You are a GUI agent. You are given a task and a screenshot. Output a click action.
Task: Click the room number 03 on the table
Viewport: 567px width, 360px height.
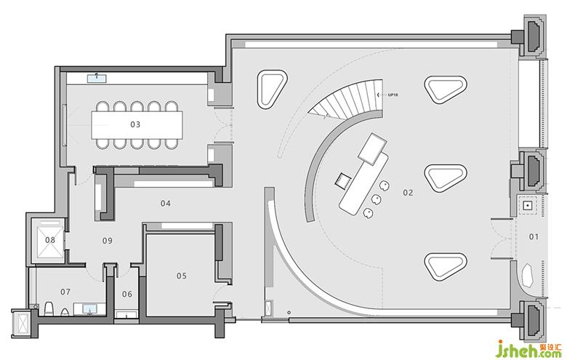tap(135, 124)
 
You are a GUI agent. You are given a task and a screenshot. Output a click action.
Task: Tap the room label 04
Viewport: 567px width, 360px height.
tap(166, 204)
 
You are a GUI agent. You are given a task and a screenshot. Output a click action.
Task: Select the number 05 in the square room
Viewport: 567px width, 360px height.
tap(182, 276)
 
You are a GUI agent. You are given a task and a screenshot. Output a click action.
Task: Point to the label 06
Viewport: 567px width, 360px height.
tap(126, 294)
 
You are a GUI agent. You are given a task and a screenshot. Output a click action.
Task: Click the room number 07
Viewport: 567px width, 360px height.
tap(65, 292)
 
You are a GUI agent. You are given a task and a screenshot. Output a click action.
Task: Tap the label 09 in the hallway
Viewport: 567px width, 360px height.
tap(107, 240)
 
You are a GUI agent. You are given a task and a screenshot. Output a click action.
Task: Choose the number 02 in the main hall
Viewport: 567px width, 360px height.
tap(408, 193)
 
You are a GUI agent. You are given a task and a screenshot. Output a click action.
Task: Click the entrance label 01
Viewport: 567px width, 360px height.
tap(533, 236)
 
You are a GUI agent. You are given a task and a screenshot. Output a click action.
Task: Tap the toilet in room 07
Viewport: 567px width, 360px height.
tap(48, 308)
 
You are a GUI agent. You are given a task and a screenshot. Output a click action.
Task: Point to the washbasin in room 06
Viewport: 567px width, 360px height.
tap(127, 314)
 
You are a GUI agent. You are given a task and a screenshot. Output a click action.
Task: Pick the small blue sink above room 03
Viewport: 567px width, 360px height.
tap(97, 76)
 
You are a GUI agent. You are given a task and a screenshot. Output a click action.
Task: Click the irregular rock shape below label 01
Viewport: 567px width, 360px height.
tap(528, 276)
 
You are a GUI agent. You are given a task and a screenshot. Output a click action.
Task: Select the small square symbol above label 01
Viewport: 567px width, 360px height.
tap(526, 206)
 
